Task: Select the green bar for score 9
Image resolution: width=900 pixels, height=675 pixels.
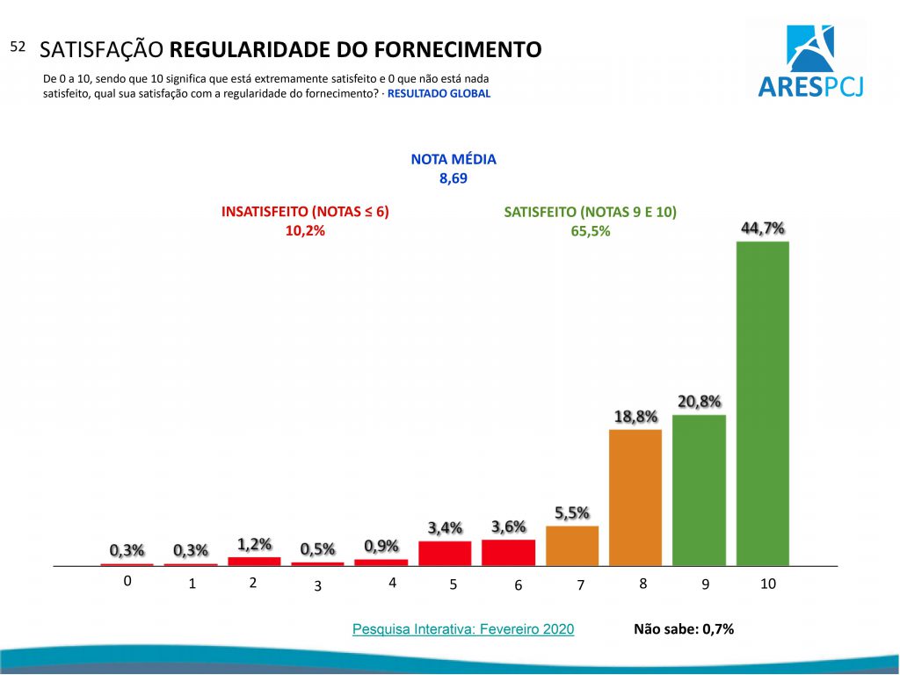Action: tap(699, 490)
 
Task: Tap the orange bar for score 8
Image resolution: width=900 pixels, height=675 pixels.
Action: tap(635, 497)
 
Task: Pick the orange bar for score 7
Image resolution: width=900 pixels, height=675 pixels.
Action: tap(572, 545)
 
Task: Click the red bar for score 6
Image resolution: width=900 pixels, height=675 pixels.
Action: tap(509, 552)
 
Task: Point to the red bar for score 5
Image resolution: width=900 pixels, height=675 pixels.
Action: tap(445, 553)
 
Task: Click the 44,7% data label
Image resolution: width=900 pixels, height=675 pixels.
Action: tap(762, 229)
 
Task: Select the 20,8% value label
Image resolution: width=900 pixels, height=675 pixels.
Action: tap(700, 402)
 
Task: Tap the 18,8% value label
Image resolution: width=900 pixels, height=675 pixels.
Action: tap(635, 417)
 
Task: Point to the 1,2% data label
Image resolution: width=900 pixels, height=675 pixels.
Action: tap(254, 544)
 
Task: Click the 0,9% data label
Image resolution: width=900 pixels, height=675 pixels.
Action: tap(381, 546)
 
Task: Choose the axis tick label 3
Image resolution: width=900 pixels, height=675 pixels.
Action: tap(318, 586)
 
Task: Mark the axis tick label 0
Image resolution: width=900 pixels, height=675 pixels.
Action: tap(127, 581)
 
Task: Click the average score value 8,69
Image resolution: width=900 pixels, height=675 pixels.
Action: tap(454, 178)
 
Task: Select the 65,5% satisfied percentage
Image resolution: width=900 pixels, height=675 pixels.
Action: tap(590, 231)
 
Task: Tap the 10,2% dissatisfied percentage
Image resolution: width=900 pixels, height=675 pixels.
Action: tap(305, 231)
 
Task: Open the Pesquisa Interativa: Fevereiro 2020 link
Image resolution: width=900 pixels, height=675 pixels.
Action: tap(463, 629)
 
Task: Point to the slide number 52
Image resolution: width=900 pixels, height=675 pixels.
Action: tap(18, 47)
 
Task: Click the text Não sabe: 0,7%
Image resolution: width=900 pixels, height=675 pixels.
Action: tap(683, 629)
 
